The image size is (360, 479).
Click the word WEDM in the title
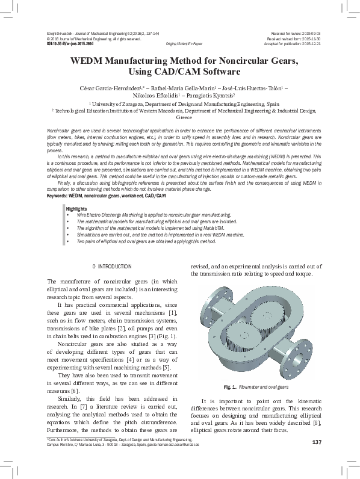coord(89,61)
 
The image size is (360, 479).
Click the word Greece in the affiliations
coord(184,118)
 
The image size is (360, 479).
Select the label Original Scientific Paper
coord(184,44)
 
